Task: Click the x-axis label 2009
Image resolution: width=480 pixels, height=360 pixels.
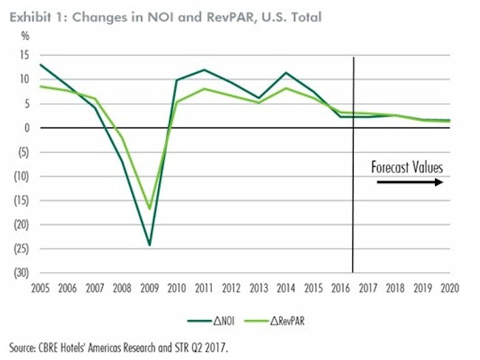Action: click(148, 287)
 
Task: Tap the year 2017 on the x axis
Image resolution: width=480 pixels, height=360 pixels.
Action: click(366, 287)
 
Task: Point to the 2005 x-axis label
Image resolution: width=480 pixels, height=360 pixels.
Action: click(39, 287)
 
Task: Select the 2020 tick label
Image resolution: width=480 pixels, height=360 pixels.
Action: click(448, 287)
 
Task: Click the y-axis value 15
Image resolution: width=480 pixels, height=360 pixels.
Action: click(24, 55)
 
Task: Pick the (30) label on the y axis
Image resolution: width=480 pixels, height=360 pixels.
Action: click(22, 272)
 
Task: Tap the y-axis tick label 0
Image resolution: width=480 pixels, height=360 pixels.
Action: click(27, 128)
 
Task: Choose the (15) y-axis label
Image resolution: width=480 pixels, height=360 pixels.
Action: click(22, 200)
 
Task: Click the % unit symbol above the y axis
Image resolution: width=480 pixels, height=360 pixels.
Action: click(25, 35)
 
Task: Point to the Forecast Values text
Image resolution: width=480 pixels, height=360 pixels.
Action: click(407, 167)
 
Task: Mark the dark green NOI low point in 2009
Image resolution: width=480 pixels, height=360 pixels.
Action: click(148, 244)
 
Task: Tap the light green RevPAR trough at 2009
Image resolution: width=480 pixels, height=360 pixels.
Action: click(148, 209)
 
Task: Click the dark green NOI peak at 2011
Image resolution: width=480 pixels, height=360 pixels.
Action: click(204, 70)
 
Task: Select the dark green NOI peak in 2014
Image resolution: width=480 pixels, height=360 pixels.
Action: click(285, 72)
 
